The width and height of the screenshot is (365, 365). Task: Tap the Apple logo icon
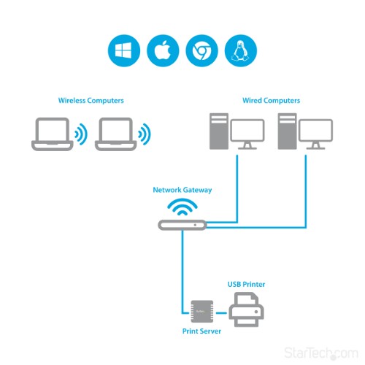point(161,51)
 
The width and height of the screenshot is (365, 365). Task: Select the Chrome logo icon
point(200,51)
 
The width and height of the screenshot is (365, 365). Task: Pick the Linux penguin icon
point(239,51)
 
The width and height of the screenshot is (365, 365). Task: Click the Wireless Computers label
point(91,99)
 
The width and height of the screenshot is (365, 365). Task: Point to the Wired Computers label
point(271,99)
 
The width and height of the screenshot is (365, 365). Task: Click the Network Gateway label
point(182,190)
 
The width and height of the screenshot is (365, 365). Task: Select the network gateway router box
point(182,226)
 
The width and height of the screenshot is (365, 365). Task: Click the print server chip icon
point(201,310)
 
